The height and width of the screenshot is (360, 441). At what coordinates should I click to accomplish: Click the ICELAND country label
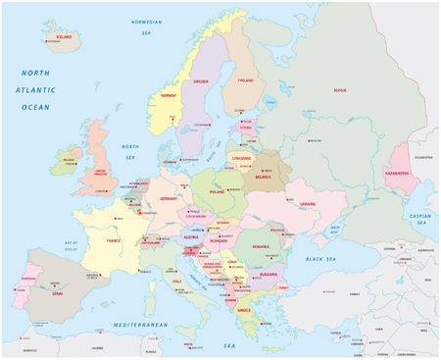coord(65,35)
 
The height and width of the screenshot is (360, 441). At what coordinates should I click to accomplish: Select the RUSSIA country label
coord(339,89)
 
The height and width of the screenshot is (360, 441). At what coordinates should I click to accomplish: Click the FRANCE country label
coord(114,239)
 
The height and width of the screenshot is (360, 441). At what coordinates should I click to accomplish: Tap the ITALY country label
coord(178,283)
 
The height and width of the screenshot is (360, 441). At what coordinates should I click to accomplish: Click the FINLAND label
coord(245,81)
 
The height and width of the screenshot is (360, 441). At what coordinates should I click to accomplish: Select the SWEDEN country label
coord(203,81)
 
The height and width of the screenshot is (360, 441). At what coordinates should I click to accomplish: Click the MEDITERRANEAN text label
coord(140,324)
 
